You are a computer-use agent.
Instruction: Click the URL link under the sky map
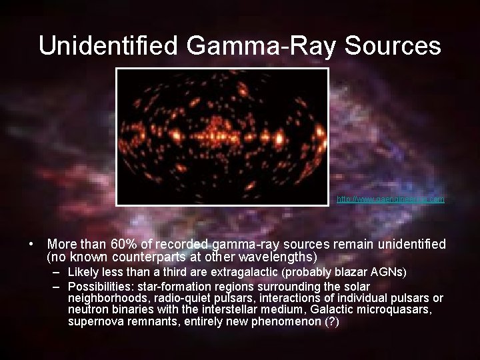pyautogui.click(x=391, y=199)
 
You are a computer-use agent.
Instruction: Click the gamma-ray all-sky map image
pyautogui.click(x=223, y=136)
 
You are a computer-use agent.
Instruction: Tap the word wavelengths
pyautogui.click(x=281, y=257)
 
